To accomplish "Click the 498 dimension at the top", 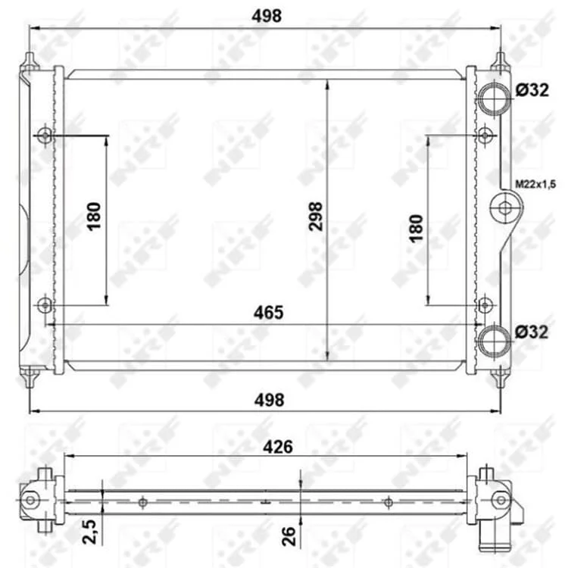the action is click(x=267, y=17).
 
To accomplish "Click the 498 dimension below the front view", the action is click(x=269, y=401).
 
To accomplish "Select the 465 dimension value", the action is click(x=268, y=313).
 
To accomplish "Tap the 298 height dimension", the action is click(x=316, y=217).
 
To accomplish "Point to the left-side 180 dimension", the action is click(x=94, y=217).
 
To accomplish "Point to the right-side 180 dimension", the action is click(x=416, y=228).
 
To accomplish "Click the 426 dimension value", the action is click(x=278, y=447).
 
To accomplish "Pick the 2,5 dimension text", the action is click(x=89, y=532).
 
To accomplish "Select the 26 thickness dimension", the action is click(x=289, y=536).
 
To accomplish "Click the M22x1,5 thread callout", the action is click(x=535, y=184).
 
